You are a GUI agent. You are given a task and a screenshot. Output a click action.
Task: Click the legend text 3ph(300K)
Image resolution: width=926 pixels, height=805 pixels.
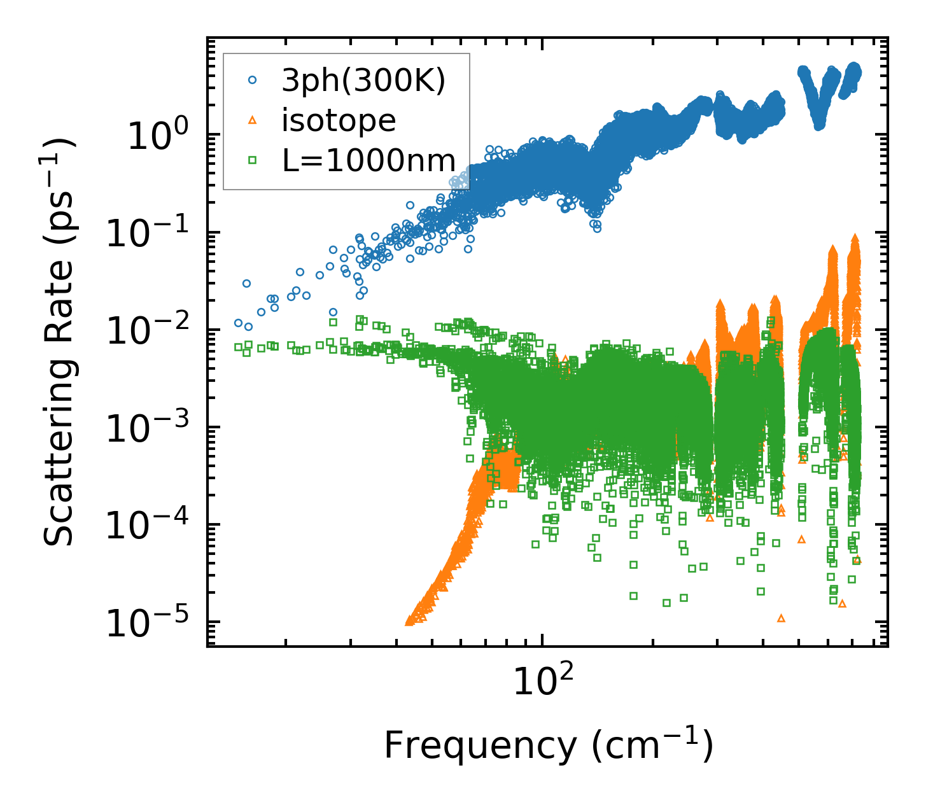363,80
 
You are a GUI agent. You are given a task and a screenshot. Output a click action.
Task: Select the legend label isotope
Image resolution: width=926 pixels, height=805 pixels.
339,120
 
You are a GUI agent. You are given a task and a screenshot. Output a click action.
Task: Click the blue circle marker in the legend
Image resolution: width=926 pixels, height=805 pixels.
253,80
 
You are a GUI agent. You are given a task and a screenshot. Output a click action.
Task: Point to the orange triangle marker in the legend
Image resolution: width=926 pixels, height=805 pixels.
253,120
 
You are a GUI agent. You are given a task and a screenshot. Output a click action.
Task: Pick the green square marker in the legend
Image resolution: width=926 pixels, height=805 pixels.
253,160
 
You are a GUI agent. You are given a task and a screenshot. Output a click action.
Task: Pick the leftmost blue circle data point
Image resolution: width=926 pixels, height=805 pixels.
239,323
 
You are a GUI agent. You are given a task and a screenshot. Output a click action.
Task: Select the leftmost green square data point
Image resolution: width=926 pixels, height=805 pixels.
239,347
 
